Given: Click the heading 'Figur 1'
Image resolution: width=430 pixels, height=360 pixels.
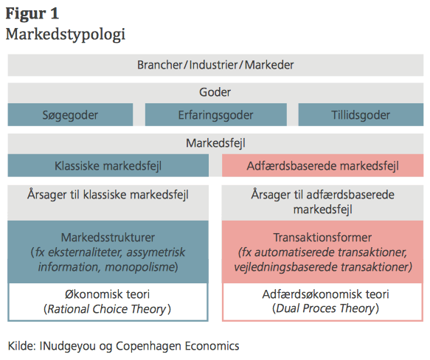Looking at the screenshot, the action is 32,14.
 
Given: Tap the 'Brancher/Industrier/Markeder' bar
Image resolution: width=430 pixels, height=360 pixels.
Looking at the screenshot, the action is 215,65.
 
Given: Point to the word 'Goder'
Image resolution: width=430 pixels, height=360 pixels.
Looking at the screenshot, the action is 215,92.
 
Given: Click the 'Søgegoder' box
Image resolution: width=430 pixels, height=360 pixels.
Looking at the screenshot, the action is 70,114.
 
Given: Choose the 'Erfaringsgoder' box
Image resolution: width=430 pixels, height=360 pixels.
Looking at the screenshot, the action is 216,114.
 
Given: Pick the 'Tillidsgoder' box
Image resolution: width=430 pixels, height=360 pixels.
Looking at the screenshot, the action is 361,114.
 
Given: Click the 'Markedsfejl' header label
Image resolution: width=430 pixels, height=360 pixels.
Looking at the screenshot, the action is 215,143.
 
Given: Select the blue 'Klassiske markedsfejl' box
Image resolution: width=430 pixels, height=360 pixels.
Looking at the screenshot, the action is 108,165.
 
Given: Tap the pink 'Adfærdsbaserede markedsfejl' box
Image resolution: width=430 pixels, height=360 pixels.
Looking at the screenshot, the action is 323,165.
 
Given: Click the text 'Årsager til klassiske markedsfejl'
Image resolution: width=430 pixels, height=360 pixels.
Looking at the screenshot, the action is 108,195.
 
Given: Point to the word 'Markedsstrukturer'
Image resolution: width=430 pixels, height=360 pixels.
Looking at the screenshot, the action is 108,238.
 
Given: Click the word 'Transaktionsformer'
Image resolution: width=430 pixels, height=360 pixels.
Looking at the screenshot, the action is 322,238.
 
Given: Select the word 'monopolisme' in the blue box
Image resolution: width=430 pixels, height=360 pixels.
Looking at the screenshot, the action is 139,267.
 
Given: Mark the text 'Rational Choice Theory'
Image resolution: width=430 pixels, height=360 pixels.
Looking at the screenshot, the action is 107,309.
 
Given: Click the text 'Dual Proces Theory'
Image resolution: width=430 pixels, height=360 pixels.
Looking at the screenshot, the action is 325,308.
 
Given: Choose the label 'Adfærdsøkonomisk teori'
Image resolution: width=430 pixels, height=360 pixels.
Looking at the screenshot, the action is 325,294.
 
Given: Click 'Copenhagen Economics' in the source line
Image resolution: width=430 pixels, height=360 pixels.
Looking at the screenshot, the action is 178,346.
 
